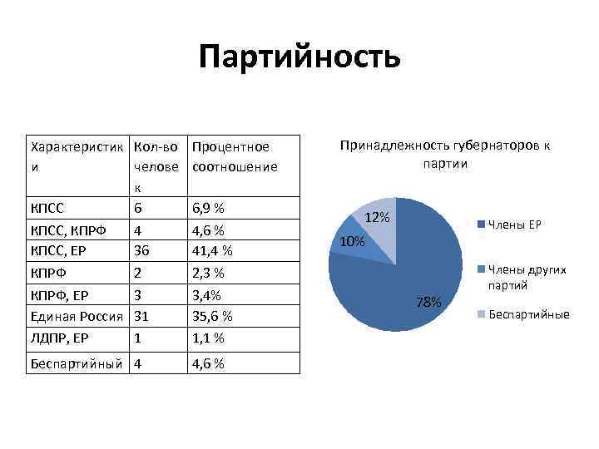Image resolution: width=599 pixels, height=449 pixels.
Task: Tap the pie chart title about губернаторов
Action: coord(444,155)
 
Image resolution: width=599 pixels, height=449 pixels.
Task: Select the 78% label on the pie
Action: coord(429,302)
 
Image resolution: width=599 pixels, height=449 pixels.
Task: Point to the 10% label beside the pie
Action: coord(352,242)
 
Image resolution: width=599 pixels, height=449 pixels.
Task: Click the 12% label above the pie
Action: coord(378,217)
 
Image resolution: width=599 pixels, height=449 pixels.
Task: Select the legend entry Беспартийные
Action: coord(523,314)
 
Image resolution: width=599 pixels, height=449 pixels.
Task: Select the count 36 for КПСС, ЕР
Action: coord(142,250)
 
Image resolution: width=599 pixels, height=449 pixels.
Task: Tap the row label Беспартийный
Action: coord(76,364)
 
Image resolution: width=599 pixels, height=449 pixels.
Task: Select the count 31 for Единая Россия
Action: coord(141,317)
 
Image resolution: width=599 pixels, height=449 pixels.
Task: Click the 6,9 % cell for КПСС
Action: coord(208,207)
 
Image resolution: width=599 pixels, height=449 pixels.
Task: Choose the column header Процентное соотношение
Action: coord(234,157)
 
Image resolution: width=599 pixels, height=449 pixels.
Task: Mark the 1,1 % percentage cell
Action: coord(208,338)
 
